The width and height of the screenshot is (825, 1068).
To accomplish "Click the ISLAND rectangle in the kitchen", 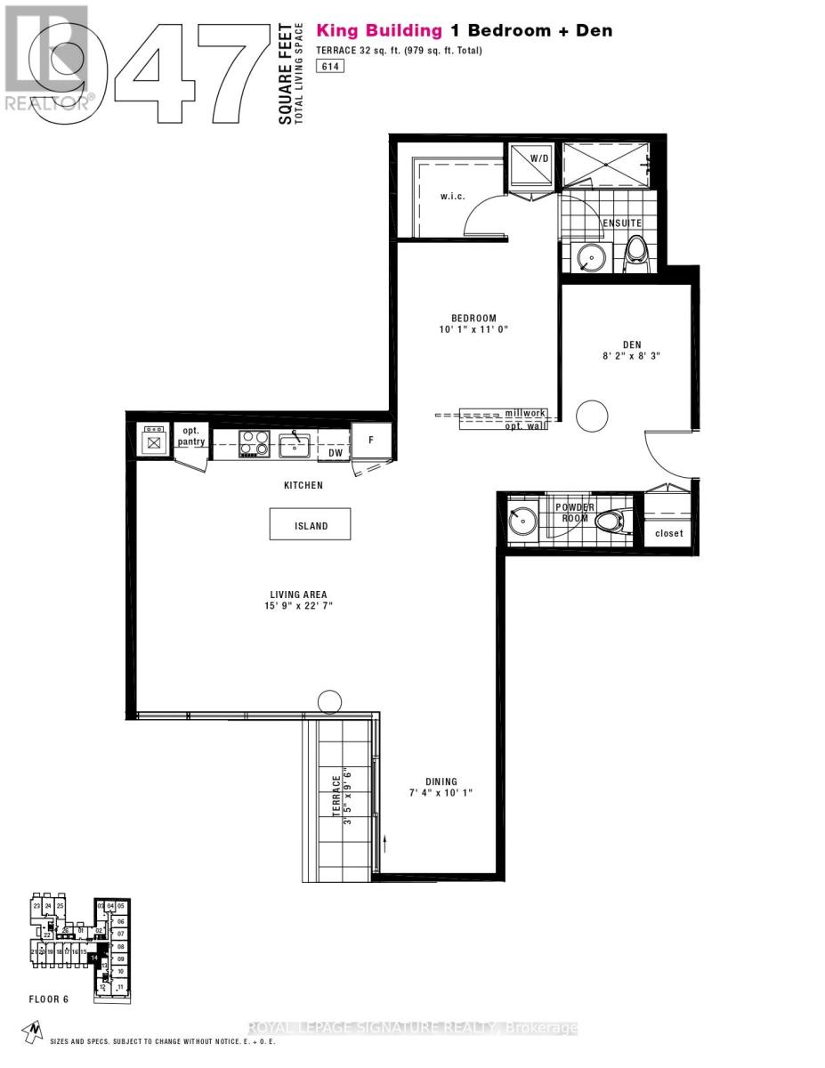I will point(311,524).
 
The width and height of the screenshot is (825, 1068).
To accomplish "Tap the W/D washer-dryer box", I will point(531,165).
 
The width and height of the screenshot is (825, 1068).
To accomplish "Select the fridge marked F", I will point(370,440).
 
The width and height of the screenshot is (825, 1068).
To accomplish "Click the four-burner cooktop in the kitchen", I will point(254,442).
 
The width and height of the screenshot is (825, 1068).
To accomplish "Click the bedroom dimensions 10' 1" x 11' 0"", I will point(473,329).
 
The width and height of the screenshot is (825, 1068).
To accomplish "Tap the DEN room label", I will point(632,344).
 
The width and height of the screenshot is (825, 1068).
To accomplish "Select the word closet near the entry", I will point(668,533).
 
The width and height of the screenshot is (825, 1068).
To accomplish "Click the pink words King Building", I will point(379,31).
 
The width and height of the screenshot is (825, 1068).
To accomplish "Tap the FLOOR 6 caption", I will point(48,999).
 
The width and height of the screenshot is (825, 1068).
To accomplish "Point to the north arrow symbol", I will point(33,1031).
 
